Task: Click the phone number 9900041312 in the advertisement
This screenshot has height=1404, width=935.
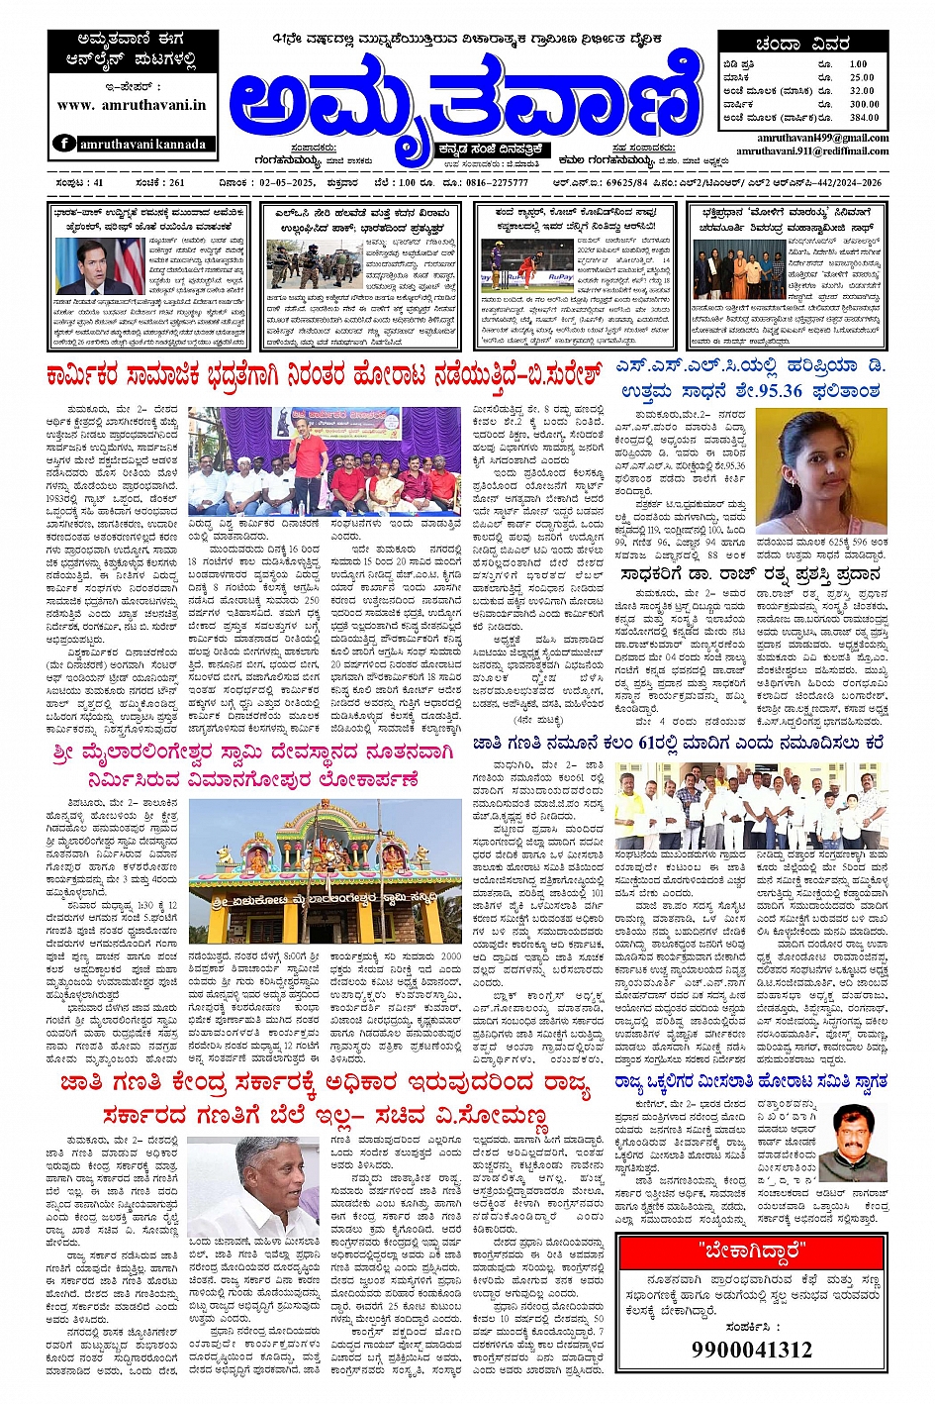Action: pos(752,1350)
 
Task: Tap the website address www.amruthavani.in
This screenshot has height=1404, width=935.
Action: pos(132,104)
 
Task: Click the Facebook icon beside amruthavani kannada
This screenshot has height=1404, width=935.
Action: pos(64,144)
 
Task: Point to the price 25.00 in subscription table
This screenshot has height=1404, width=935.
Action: pos(862,77)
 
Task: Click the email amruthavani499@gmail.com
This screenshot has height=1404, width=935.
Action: pos(822,139)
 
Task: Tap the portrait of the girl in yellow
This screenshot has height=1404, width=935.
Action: pos(821,470)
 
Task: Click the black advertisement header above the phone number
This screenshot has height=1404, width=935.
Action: pos(752,1251)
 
